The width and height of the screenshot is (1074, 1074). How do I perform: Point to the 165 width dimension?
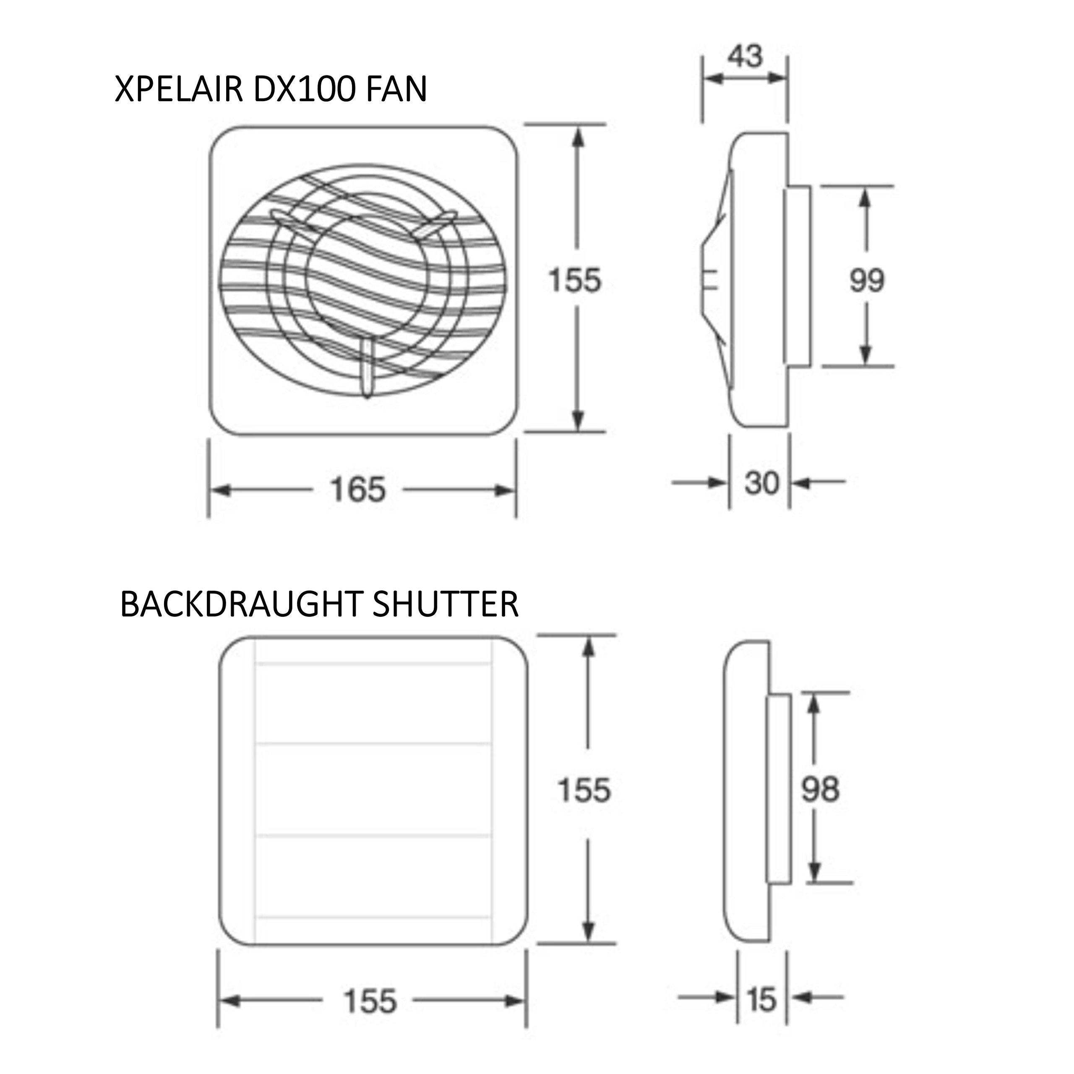[357, 490]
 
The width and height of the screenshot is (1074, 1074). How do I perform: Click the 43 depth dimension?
[745, 56]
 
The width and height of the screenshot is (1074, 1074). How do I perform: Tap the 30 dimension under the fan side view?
[761, 482]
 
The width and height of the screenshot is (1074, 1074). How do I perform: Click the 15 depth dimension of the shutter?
[761, 999]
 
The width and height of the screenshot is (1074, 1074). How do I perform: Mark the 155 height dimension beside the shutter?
[584, 790]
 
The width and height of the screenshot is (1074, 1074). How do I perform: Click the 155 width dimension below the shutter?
[370, 1001]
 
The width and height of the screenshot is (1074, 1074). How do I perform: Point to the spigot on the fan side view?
[797, 276]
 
